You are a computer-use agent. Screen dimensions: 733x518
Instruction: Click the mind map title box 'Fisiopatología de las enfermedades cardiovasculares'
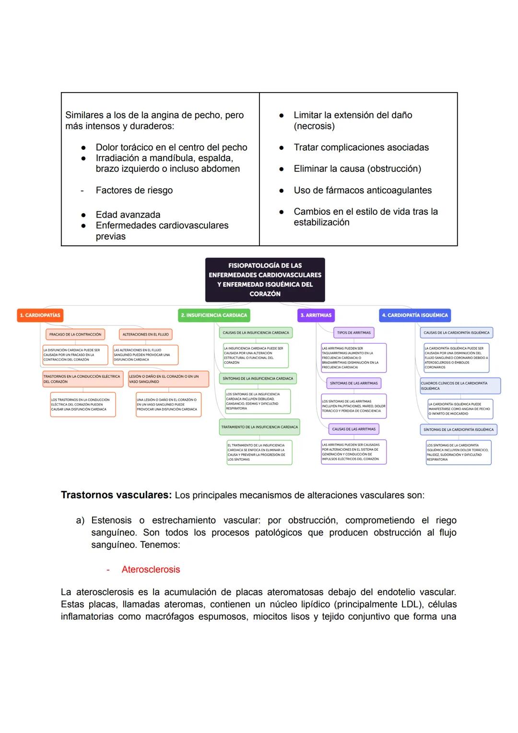(265, 279)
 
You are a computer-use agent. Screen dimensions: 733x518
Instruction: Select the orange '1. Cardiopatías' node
(40, 315)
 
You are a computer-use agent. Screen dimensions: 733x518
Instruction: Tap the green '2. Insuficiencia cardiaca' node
(214, 315)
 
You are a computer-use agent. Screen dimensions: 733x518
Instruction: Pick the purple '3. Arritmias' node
(316, 315)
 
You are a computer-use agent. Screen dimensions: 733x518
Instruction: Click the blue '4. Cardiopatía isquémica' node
(415, 315)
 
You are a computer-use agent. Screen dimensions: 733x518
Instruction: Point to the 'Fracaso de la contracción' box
(75, 334)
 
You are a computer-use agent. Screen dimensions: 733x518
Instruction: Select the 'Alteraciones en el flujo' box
(145, 334)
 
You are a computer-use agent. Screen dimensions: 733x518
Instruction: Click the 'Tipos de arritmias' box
(353, 333)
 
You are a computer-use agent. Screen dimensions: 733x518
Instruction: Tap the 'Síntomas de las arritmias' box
(353, 383)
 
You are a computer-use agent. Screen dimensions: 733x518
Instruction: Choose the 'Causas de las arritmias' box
(353, 429)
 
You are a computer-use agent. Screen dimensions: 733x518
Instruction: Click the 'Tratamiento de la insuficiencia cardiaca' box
(259, 427)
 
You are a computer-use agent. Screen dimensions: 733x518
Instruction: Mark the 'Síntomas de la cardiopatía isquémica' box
(458, 430)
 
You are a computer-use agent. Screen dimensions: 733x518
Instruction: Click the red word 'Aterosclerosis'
(151, 569)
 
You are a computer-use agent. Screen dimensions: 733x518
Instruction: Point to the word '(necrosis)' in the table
(314, 126)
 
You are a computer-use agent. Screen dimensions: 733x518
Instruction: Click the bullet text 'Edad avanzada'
(128, 215)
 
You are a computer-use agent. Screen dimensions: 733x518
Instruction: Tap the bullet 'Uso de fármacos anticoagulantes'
(363, 190)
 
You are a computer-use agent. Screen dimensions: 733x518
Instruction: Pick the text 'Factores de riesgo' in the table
(134, 190)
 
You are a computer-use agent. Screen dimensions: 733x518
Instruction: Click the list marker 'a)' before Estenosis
(80, 520)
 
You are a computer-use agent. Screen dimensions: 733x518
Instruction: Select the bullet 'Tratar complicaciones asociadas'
(361, 147)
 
